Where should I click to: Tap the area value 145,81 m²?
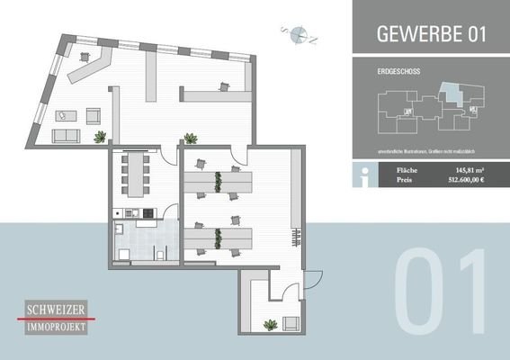pos(470,168)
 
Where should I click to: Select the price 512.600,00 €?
pos(466,180)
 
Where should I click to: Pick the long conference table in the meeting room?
pos(137,173)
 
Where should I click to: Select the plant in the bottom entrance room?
pos(269,323)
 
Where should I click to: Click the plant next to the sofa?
pos(100,137)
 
